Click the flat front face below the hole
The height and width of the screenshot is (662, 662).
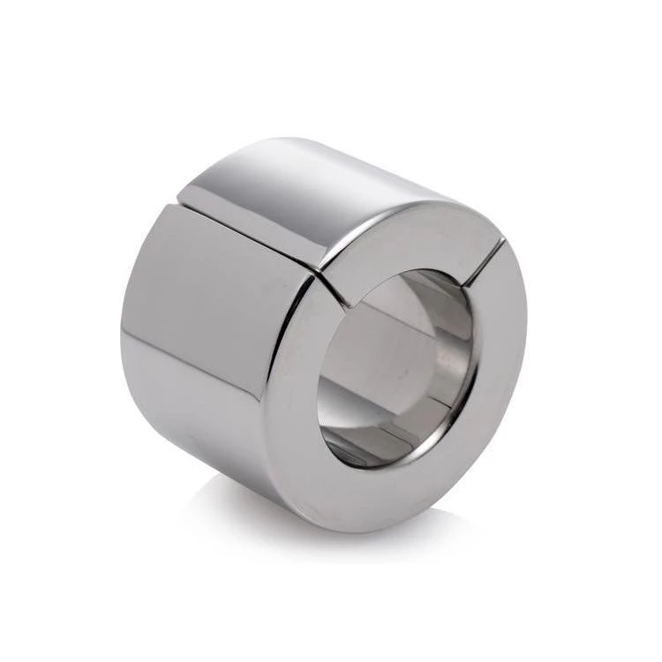[x=397, y=494]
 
